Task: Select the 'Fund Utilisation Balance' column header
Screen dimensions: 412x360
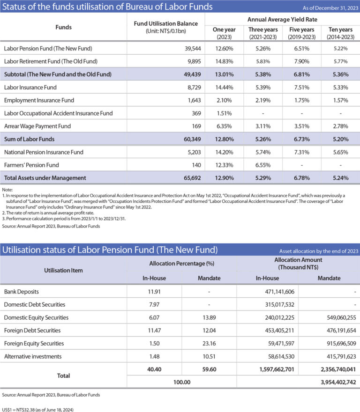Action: coord(165,27)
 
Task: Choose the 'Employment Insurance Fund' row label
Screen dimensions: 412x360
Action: coord(39,100)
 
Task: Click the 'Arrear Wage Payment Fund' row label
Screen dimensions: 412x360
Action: coord(38,126)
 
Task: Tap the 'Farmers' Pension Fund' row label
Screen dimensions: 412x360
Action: coord(31,165)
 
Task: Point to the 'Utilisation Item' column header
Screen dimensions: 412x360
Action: coord(63,271)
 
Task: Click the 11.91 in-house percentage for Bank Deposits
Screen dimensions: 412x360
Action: coord(154,292)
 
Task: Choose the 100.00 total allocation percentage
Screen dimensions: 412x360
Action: coord(181,383)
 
